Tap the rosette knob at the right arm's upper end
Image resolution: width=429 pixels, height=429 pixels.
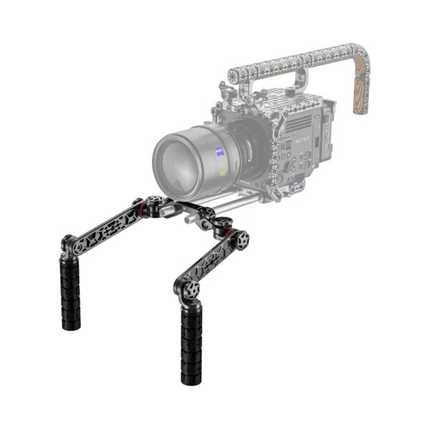pos(241,238)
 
